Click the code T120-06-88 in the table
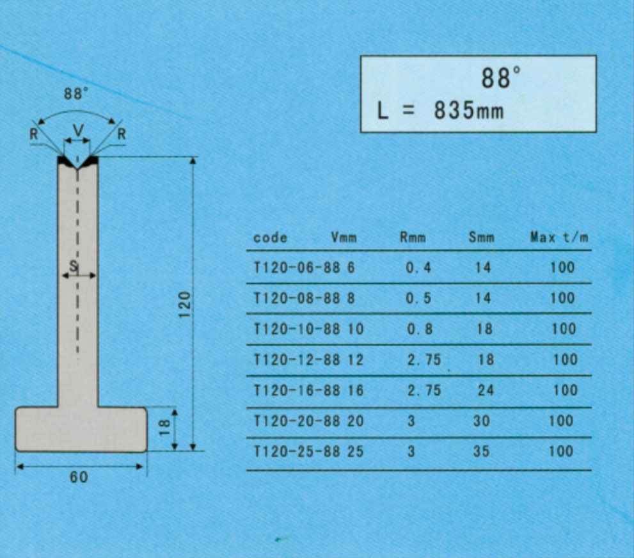pyautogui.click(x=297, y=267)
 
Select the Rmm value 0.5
pyautogui.click(x=418, y=298)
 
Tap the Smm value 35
pyautogui.click(x=481, y=451)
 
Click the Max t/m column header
pyautogui.click(x=559, y=237)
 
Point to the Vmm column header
pyautogui.click(x=344, y=237)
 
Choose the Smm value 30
pyautogui.click(x=482, y=421)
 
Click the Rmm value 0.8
pyautogui.click(x=420, y=329)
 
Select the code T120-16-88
pyautogui.click(x=297, y=390)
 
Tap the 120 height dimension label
pyautogui.click(x=184, y=304)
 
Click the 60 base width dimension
pyautogui.click(x=79, y=477)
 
